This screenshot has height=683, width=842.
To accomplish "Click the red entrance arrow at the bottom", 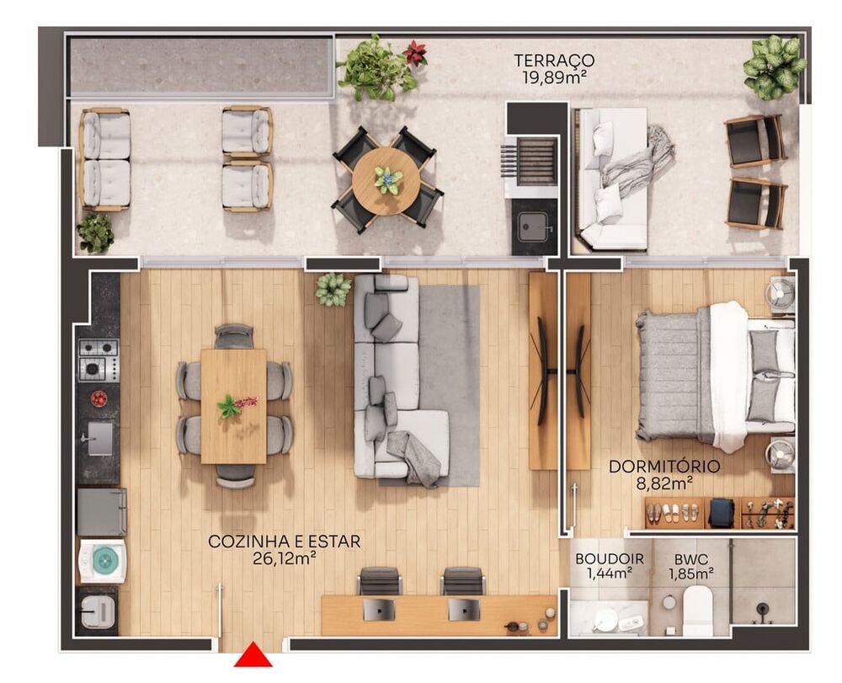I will tap(252, 655).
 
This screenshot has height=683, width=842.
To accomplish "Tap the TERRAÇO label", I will tap(554, 61).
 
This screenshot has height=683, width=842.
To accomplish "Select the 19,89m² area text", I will tap(554, 77).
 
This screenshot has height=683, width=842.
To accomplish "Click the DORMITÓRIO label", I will tap(663, 466).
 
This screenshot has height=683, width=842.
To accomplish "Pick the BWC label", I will tap(690, 558).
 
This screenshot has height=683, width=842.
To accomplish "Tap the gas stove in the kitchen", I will tap(99, 360).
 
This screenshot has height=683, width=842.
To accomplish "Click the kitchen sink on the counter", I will tap(99, 438).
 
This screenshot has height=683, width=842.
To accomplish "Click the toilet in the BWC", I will tap(697, 610).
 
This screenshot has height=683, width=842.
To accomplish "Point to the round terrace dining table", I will tap(387, 180).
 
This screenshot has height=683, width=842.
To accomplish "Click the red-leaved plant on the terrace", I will tap(414, 54).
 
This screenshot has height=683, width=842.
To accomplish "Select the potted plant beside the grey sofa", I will tap(333, 289).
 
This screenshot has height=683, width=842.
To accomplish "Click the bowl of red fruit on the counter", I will tap(99, 398).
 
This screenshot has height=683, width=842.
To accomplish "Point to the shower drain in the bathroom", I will tap(762, 608).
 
